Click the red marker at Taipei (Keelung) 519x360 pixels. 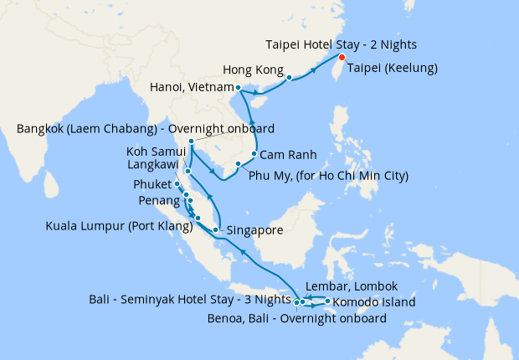point(342,57)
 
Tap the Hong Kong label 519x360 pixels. point(254,69)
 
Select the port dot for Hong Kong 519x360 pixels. point(289,78)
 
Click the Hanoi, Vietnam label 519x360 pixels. point(190,87)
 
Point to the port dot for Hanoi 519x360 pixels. point(239,87)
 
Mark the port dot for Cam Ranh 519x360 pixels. point(253,154)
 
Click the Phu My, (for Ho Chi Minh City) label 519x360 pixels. point(330,176)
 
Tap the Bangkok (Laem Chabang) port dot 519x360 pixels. point(192,141)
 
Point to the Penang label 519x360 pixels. point(159,202)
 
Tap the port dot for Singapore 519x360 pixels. point(216,229)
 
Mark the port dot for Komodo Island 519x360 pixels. point(326,301)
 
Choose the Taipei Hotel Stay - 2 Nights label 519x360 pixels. point(342,44)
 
